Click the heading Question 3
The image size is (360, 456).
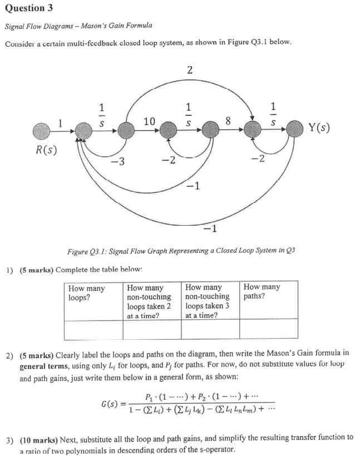point(25,8)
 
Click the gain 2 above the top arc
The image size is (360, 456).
point(190,70)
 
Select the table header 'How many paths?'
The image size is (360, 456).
point(262,292)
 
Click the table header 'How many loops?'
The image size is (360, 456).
point(86,293)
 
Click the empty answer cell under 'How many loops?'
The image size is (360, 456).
point(93,330)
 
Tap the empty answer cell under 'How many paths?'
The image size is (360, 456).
point(268,330)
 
